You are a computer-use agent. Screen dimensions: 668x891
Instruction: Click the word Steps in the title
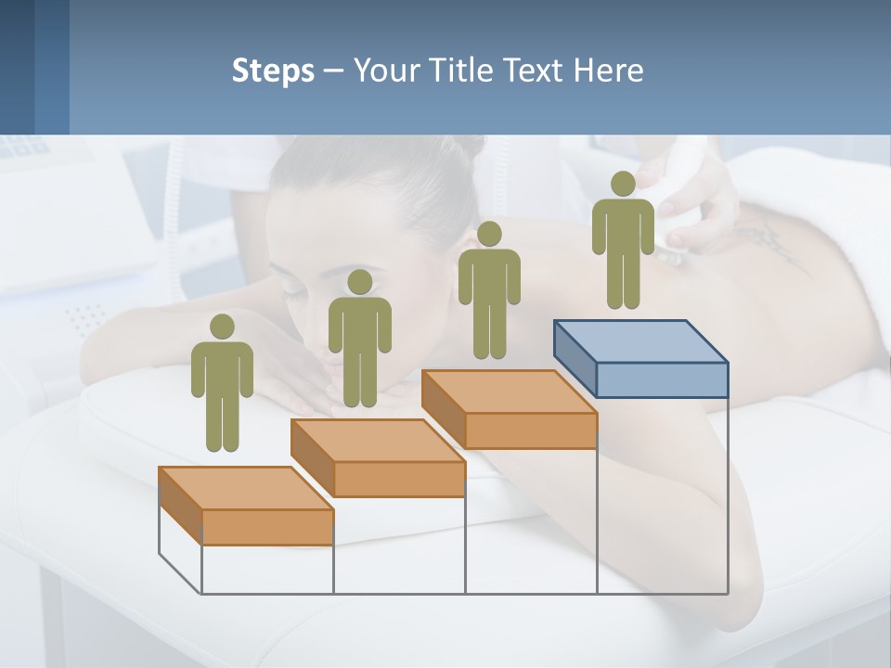[x=273, y=71]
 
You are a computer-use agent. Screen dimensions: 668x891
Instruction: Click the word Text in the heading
[x=535, y=71]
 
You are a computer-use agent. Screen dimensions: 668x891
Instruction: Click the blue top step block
[x=640, y=357]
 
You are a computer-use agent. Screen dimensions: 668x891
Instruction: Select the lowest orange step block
[x=246, y=506]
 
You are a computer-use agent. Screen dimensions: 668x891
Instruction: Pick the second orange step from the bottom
[x=378, y=457]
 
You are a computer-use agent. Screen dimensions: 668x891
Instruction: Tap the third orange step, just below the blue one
[x=509, y=409]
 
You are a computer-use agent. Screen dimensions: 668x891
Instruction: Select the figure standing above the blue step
[x=623, y=241]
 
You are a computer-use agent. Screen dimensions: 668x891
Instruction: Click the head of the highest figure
[x=623, y=184]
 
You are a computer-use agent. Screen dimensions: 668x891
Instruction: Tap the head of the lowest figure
[x=222, y=327]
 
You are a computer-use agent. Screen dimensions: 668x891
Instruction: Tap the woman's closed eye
[x=295, y=294]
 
